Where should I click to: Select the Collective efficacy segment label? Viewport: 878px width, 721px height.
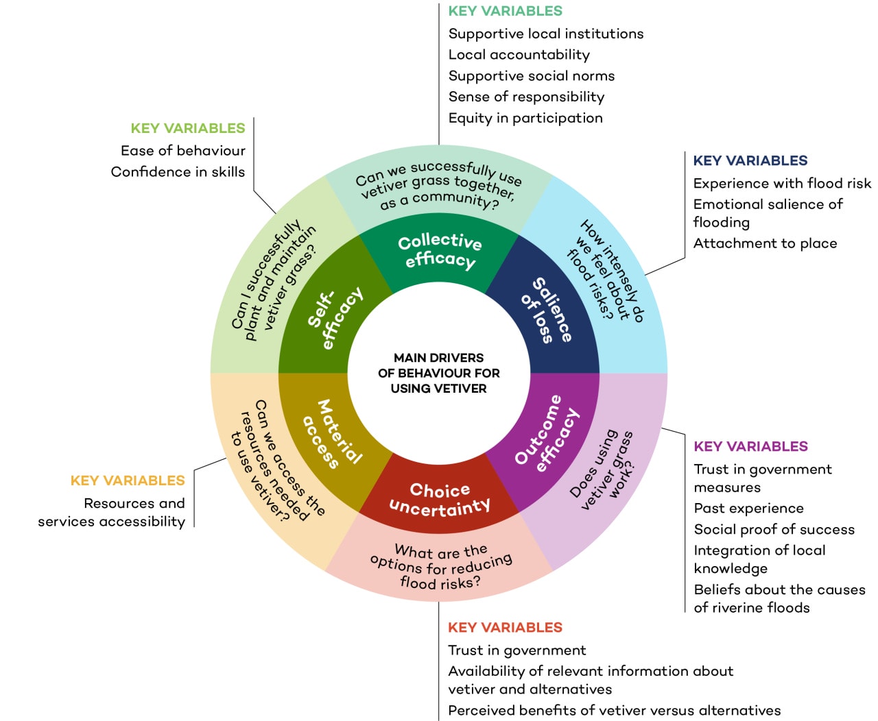coord(439,250)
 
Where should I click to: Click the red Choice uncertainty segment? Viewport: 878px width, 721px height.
coord(439,498)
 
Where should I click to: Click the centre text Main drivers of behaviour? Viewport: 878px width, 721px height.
coord(439,373)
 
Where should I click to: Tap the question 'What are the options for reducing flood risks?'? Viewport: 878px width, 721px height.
coord(440,567)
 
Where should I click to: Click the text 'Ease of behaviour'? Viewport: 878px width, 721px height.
coord(182,151)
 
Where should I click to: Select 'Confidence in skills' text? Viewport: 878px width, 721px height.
coord(178,172)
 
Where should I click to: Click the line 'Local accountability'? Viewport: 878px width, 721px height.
coord(519,55)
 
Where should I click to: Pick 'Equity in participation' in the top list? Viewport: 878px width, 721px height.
coord(525,118)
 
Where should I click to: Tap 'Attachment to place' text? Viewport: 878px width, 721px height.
coord(765,243)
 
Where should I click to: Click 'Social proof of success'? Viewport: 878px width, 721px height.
coord(774,529)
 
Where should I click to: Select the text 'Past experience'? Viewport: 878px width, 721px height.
coord(748,509)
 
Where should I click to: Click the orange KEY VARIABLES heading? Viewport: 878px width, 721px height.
coord(128,480)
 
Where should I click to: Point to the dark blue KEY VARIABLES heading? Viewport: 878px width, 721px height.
coord(750,160)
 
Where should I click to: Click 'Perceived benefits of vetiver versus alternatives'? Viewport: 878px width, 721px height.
coord(614,711)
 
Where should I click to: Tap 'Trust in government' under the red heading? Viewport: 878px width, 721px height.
coord(517,650)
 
